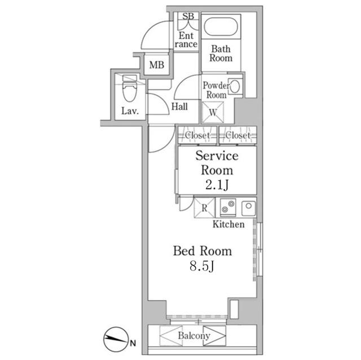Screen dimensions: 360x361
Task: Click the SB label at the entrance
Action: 188,16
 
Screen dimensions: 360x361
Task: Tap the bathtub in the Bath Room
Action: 222,28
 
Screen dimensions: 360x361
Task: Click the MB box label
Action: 156,65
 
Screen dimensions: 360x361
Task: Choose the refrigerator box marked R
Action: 204,208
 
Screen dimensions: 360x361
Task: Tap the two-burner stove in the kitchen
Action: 227,207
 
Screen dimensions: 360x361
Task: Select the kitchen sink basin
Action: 249,207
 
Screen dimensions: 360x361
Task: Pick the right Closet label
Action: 237,136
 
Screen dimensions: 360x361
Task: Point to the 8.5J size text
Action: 201,266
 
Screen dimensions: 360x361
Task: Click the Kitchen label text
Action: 228,224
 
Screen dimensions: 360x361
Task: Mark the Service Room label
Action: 217,163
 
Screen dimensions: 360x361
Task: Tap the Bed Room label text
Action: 202,251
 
